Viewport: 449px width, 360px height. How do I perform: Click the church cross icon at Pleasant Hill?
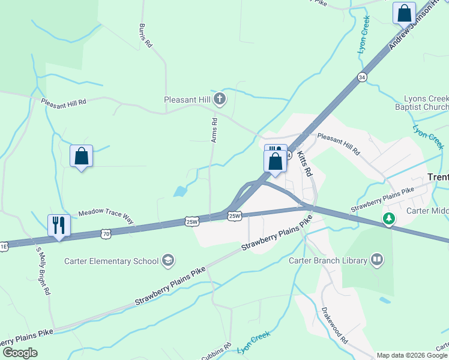[x=220, y=98]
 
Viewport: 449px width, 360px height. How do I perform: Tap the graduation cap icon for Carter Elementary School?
[x=169, y=260]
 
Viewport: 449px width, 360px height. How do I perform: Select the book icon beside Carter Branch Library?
[x=377, y=260]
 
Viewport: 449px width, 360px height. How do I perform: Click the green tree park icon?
[x=390, y=219]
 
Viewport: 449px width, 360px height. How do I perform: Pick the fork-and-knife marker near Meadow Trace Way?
[x=59, y=225]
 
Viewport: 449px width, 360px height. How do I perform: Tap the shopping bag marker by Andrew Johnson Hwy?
[x=404, y=13]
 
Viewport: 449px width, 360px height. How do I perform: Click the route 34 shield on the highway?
[x=361, y=77]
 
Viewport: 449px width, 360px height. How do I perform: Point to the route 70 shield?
[x=106, y=234]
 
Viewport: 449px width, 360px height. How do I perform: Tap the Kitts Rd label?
[x=305, y=163]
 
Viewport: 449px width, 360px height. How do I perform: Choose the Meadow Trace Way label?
[x=106, y=215]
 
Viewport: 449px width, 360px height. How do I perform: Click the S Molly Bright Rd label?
[x=43, y=271]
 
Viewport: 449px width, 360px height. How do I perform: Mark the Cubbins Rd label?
[x=216, y=352]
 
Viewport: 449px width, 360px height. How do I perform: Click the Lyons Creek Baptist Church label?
[x=426, y=103]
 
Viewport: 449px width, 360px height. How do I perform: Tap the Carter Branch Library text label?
[x=327, y=260]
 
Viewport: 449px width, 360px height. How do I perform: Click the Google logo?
[x=20, y=353]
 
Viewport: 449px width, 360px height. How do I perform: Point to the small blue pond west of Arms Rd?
[x=179, y=192]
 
